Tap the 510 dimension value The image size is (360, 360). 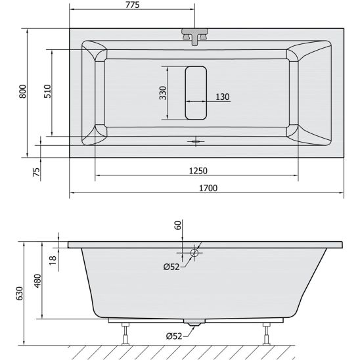point(47,91)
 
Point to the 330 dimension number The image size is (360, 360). point(162,93)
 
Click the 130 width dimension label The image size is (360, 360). point(222,97)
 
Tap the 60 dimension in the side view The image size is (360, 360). point(177,225)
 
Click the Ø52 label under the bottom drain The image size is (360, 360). point(174,336)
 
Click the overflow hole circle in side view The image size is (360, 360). point(195,253)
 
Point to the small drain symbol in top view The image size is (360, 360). point(196,140)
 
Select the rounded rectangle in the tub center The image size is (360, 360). point(196,93)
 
